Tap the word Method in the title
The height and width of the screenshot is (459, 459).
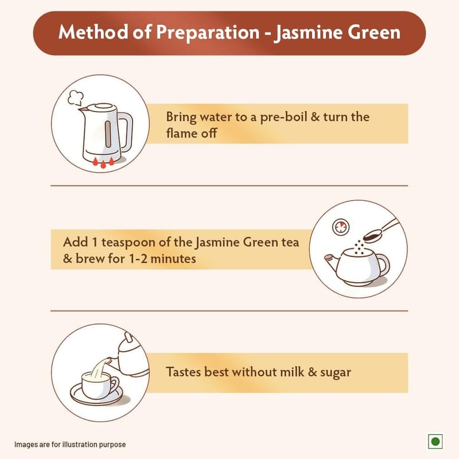(x=94, y=32)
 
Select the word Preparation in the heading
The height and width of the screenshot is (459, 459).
(x=208, y=33)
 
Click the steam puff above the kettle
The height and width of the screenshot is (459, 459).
(x=76, y=98)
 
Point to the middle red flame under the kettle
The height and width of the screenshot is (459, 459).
(x=103, y=164)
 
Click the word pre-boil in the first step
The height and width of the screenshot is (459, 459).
(x=283, y=118)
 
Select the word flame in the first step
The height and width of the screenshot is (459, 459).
(x=180, y=134)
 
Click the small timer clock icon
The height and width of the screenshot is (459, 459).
(x=341, y=227)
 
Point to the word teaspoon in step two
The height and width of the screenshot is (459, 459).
(x=128, y=243)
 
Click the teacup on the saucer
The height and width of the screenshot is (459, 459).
(x=99, y=384)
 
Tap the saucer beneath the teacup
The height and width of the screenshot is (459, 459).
(x=96, y=396)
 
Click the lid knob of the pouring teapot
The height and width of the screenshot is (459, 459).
(x=129, y=337)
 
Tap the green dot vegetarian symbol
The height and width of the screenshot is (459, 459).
(x=435, y=441)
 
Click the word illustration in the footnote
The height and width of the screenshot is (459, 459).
(x=79, y=444)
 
